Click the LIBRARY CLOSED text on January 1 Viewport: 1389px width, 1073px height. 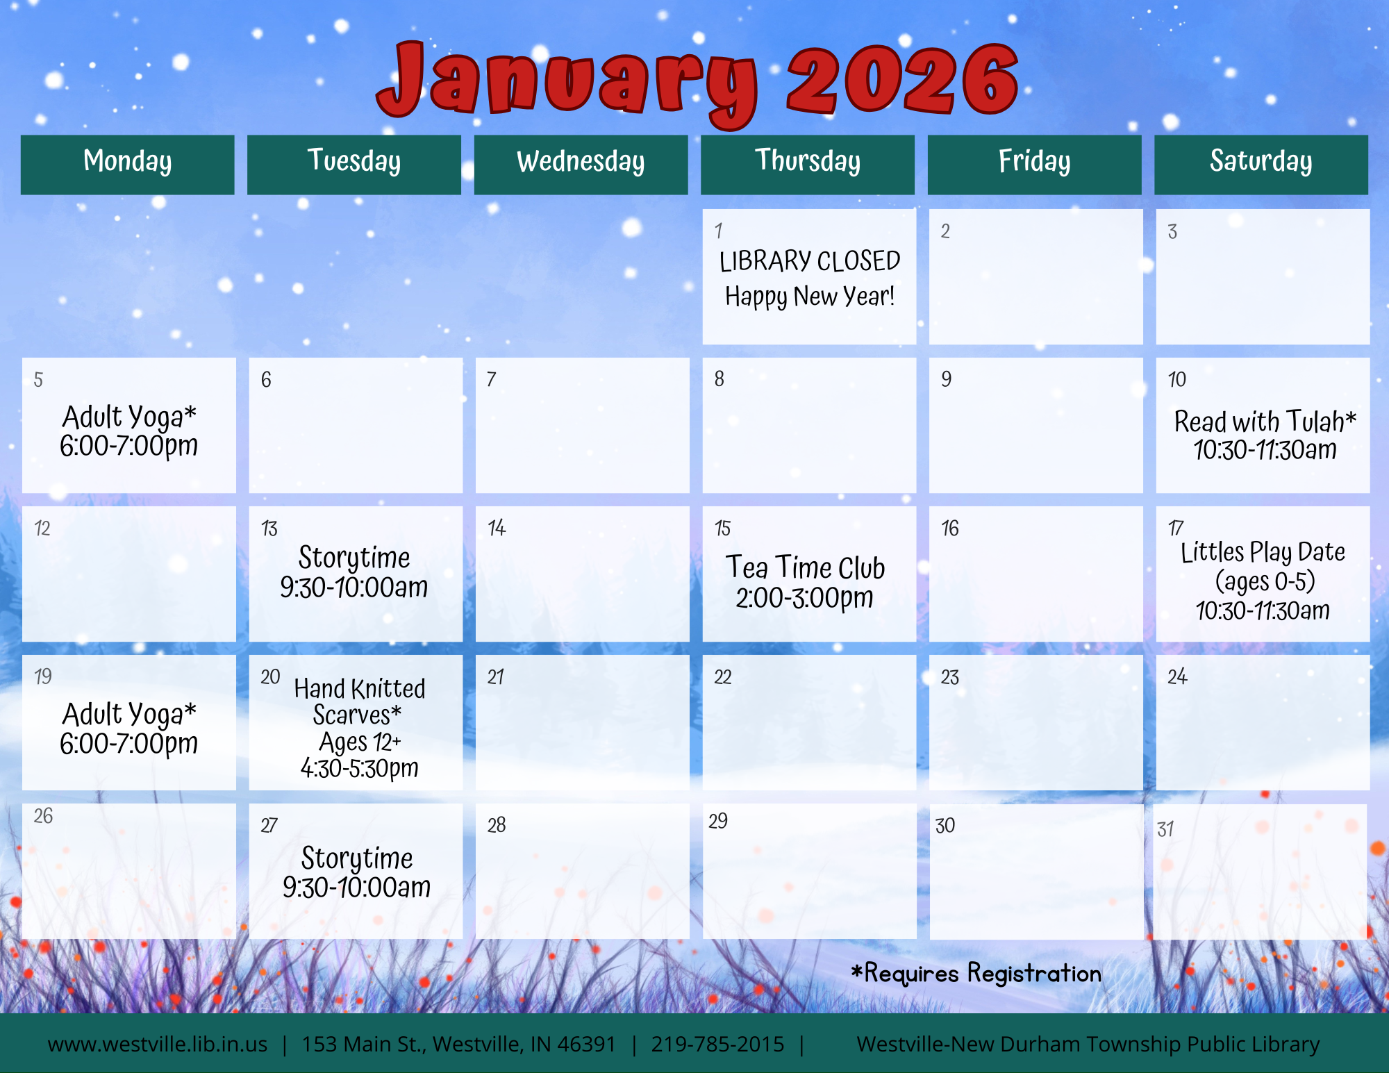click(810, 261)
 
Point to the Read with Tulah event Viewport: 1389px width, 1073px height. click(1265, 435)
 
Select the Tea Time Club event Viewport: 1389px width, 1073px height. click(806, 582)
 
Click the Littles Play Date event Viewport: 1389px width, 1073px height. click(1263, 581)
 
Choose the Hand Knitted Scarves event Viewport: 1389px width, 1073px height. click(359, 728)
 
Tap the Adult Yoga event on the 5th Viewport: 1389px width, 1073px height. click(129, 431)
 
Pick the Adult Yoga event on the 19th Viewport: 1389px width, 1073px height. click(129, 729)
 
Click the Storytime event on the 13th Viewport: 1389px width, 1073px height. click(354, 572)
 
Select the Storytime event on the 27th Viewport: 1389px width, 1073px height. click(357, 872)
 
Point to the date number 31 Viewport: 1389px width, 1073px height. click(1165, 829)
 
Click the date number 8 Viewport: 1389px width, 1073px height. click(720, 379)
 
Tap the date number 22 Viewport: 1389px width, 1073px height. click(723, 677)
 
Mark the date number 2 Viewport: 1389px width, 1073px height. click(945, 231)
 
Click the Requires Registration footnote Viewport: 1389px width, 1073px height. click(976, 973)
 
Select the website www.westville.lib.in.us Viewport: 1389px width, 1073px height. click(158, 1044)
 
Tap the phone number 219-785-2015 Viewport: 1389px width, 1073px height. click(717, 1044)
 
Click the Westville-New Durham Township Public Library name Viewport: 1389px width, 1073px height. click(1088, 1044)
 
